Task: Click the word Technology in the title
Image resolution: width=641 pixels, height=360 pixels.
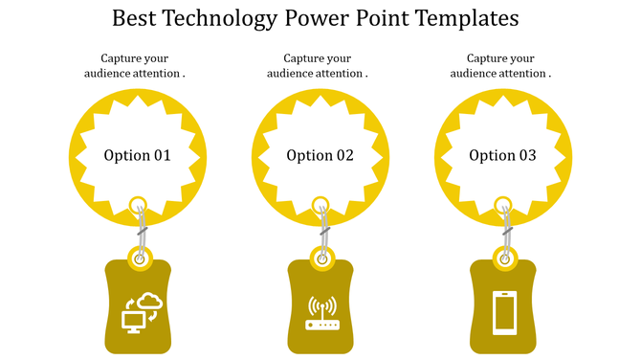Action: [217, 18]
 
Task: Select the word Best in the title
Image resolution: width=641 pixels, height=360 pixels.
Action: [135, 18]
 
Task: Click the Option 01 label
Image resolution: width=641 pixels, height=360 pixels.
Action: [138, 155]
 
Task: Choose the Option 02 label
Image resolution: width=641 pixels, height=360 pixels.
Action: [320, 155]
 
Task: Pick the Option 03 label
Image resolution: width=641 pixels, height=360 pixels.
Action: [503, 155]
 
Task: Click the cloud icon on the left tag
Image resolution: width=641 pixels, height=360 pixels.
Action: [151, 303]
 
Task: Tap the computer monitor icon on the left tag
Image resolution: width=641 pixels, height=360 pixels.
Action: [132, 321]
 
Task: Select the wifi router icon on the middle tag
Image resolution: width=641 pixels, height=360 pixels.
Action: [321, 314]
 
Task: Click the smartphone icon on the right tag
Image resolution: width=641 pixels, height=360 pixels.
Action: [504, 312]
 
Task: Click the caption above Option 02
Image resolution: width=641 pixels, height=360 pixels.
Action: [319, 65]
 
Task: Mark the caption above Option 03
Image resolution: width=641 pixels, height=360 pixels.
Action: [501, 65]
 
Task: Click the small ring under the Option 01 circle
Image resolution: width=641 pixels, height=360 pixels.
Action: [139, 203]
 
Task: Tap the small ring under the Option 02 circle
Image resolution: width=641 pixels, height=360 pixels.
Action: [321, 203]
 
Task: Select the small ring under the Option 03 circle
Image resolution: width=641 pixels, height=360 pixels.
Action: [504, 203]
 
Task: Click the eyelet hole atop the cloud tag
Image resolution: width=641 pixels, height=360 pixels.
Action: [140, 258]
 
